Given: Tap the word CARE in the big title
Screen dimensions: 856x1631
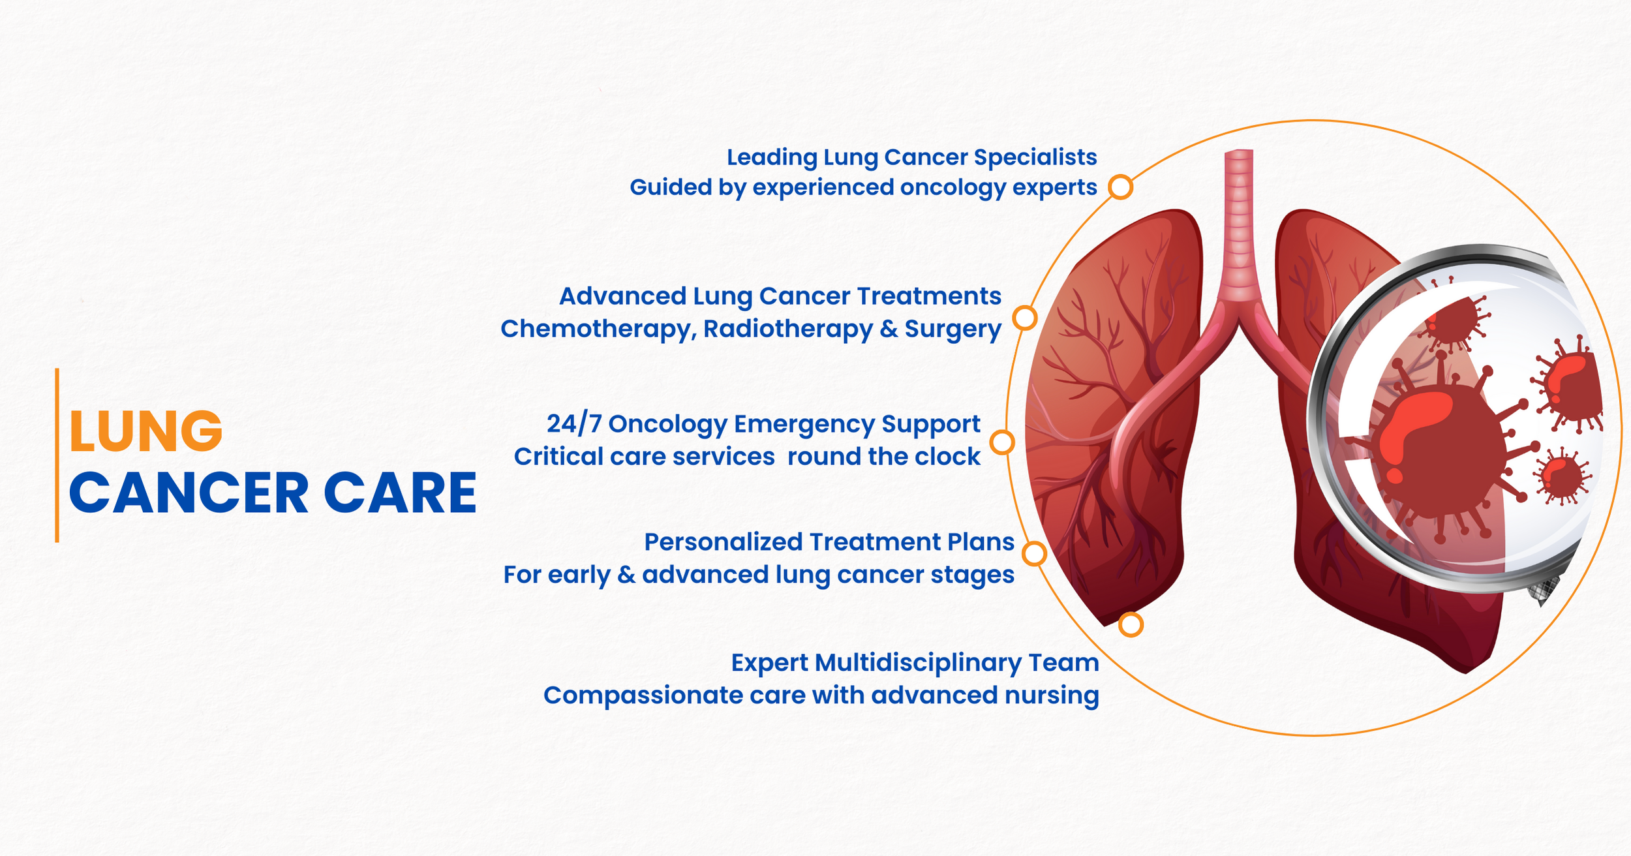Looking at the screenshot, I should click(x=400, y=493).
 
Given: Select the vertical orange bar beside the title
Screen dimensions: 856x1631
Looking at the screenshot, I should click(x=57, y=455).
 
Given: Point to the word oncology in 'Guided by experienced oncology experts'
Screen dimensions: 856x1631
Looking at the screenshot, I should click(x=953, y=188).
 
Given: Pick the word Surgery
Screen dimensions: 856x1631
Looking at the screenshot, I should click(x=953, y=329).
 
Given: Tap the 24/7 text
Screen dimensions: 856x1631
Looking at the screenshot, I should click(x=573, y=424).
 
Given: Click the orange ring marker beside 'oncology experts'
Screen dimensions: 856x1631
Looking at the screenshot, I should click(x=1121, y=187).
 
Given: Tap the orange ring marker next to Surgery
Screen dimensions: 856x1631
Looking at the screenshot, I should click(x=1025, y=318).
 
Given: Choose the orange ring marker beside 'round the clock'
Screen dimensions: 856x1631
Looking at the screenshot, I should click(x=1002, y=442).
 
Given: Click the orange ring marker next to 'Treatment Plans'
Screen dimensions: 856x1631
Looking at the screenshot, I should click(x=1034, y=554).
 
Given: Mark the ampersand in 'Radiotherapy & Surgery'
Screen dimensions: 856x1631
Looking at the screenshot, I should click(x=889, y=329).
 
